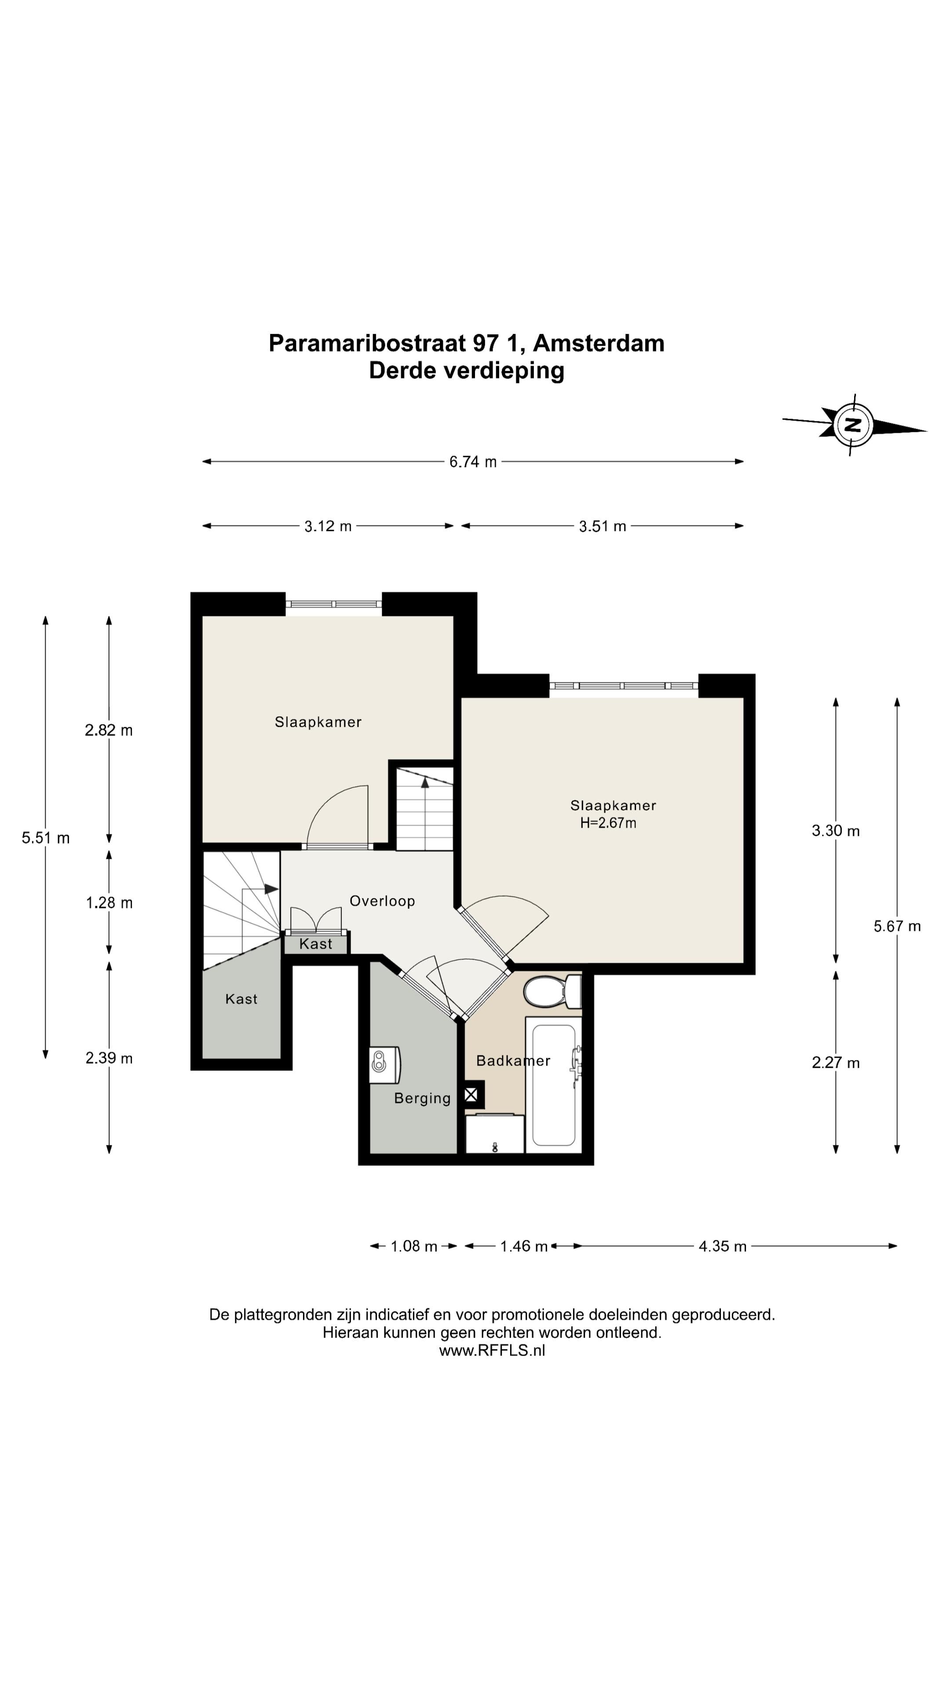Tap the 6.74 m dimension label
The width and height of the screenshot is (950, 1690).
pyautogui.click(x=473, y=462)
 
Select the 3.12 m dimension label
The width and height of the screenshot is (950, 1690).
pyautogui.click(x=328, y=526)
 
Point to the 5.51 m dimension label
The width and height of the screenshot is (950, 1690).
pyautogui.click(x=45, y=838)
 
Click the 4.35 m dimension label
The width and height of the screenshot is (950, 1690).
pyautogui.click(x=723, y=1246)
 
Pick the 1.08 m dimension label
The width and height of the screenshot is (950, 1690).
pyautogui.click(x=414, y=1246)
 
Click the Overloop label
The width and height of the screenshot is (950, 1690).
pyautogui.click(x=382, y=901)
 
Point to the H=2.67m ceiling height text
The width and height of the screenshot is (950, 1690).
pyautogui.click(x=608, y=823)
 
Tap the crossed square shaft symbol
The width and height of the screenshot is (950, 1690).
pyautogui.click(x=471, y=1094)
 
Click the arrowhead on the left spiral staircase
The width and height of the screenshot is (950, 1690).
pyautogui.click(x=271, y=889)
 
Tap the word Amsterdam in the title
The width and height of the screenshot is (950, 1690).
pyautogui.click(x=599, y=343)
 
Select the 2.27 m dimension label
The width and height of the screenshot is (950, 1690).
pyautogui.click(x=835, y=1063)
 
